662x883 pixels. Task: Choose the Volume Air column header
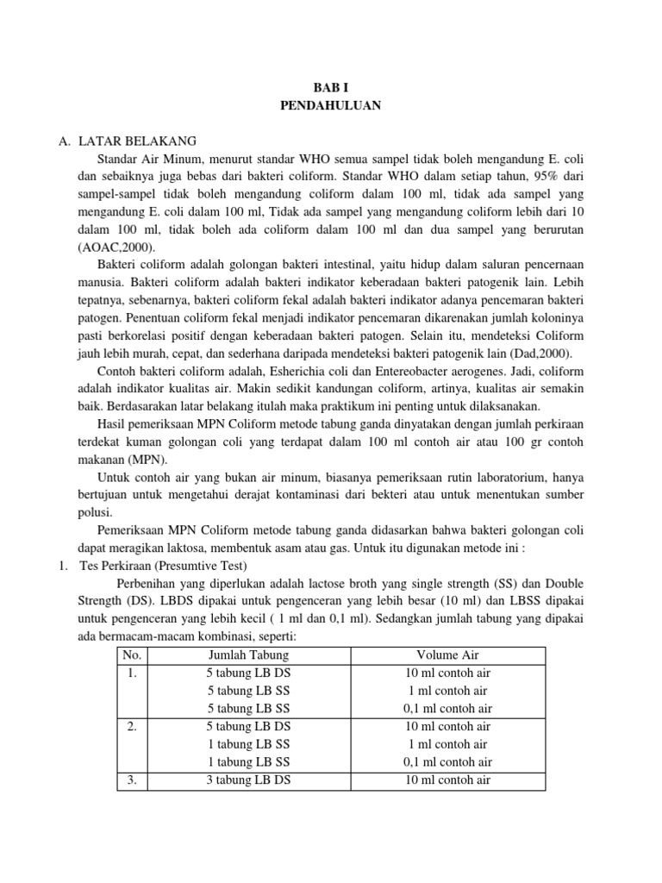(x=447, y=655)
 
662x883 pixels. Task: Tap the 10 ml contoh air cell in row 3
(x=447, y=780)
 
